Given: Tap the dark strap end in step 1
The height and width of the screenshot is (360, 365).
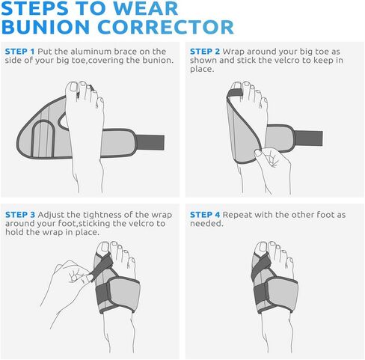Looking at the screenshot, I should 154,140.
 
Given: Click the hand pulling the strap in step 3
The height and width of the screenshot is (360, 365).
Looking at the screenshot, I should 71,275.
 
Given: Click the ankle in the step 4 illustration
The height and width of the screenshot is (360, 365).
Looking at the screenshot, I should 277,337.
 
